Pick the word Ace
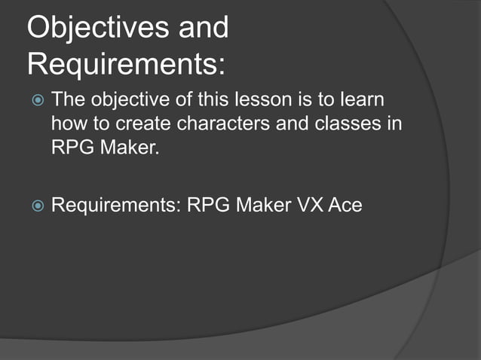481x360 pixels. [345, 204]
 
